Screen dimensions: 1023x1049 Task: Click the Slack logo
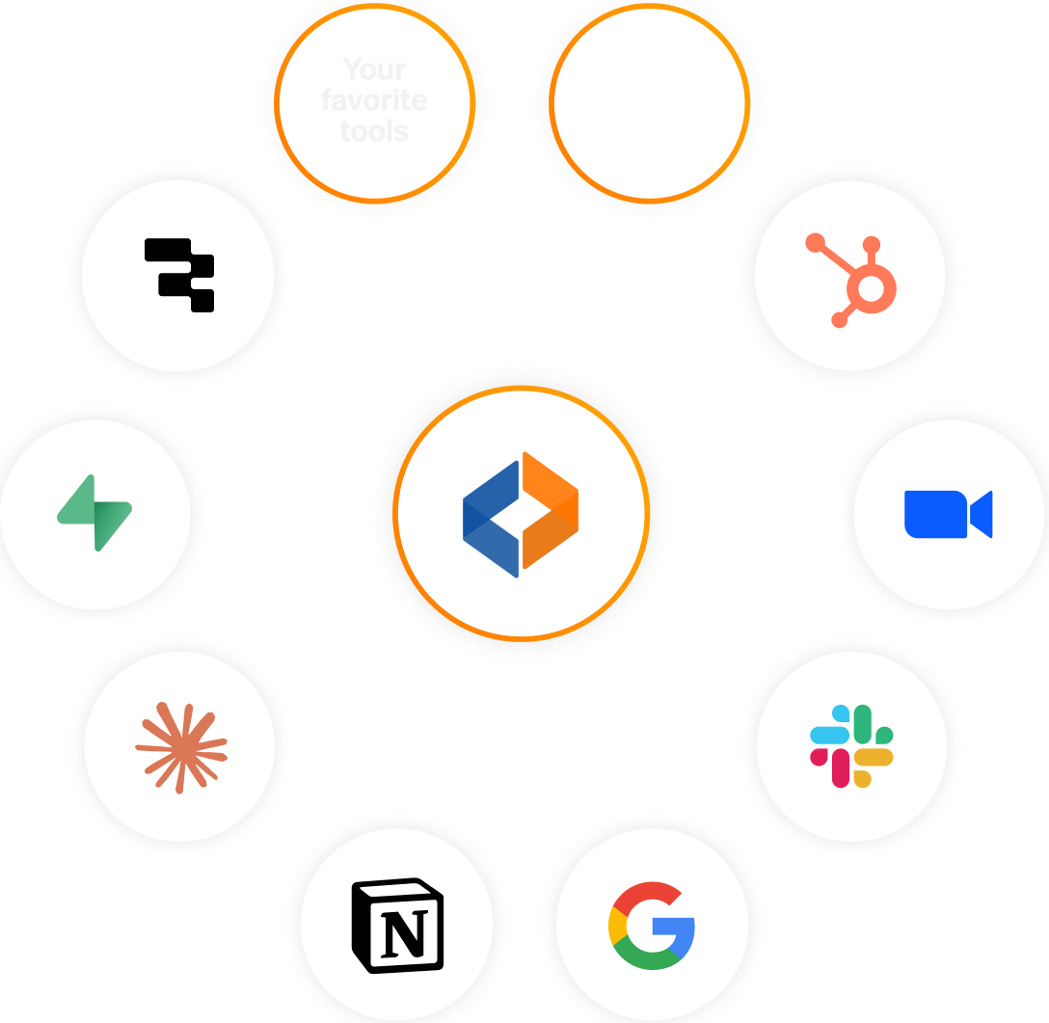point(851,745)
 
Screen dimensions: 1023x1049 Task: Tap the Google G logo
point(652,926)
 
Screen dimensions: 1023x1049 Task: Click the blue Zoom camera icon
point(948,514)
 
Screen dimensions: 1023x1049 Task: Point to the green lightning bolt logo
point(94,512)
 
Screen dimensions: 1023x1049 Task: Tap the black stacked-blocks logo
point(179,275)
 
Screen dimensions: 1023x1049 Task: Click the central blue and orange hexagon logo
point(521,513)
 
